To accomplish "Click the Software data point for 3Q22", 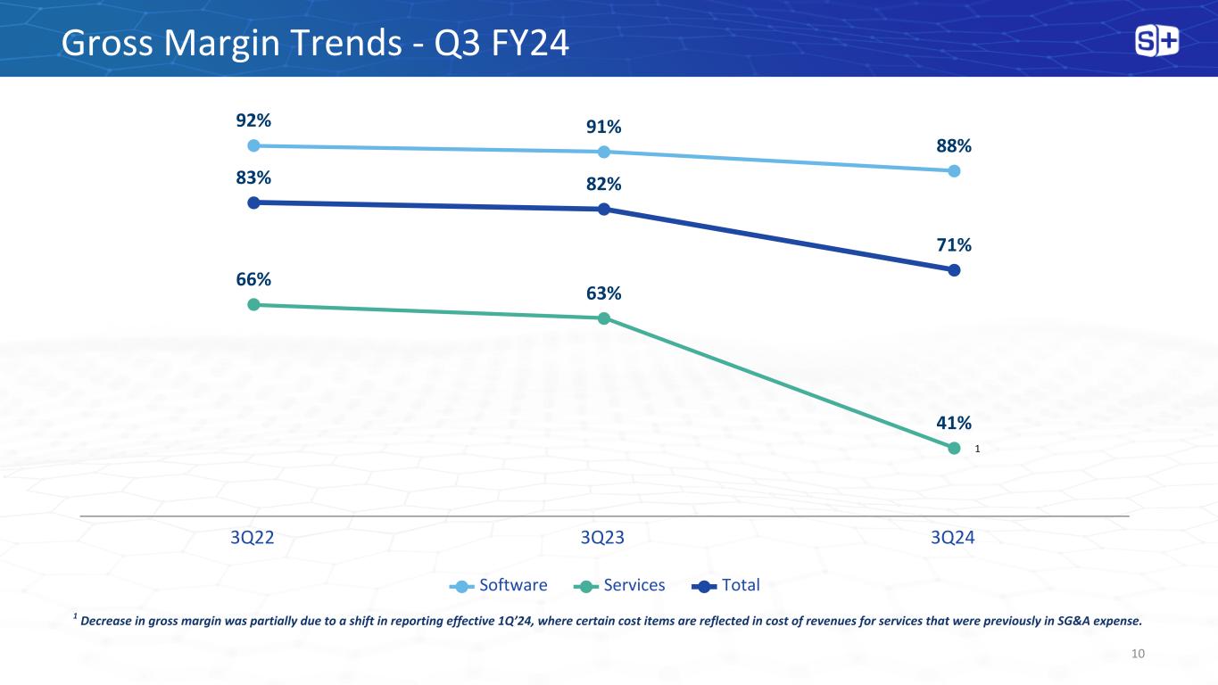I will tap(253, 145).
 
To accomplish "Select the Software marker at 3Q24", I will tap(954, 170).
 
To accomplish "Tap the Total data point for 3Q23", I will tap(604, 210).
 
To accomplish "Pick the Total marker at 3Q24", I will tap(954, 269).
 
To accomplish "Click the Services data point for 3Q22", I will tap(253, 304).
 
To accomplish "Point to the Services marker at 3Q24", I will tap(954, 448).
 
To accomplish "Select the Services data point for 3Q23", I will tap(604, 318).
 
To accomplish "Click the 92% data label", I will tap(253, 120).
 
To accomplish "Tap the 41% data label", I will tap(954, 423).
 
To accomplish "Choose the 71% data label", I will tap(954, 244).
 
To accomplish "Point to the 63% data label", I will tap(604, 293).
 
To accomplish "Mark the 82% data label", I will tap(604, 184).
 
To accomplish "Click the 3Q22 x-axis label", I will tap(253, 538).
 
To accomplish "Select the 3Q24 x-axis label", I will tap(953, 538).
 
